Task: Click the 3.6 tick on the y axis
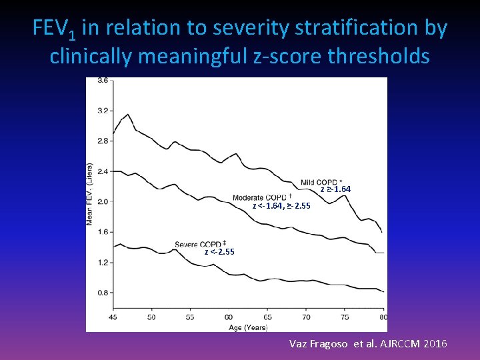coord(103,81)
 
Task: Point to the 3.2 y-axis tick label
coord(103,111)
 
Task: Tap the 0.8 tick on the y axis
coord(103,293)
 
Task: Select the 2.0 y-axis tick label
coord(103,201)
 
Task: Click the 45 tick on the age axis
coord(113,317)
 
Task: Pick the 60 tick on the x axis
coord(229,317)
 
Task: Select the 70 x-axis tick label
coord(306,317)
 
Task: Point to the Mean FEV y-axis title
coord(90,193)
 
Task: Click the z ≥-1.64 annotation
coord(335,189)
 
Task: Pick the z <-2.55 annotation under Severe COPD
coord(219,252)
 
